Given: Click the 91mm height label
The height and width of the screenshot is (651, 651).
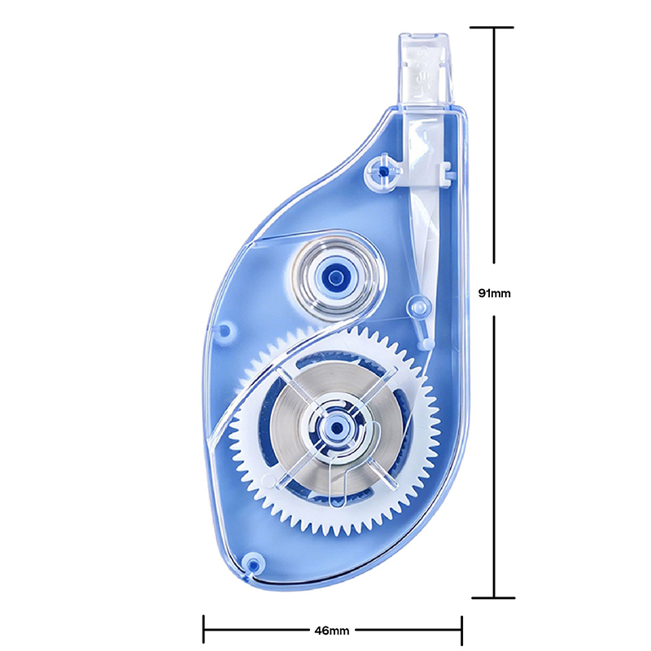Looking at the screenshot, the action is click(494, 293).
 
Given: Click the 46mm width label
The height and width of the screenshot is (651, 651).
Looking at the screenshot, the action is click(332, 631).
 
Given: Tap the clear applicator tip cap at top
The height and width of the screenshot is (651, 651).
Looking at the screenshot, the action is click(425, 68).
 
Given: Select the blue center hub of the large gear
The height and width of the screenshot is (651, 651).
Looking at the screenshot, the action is click(337, 427).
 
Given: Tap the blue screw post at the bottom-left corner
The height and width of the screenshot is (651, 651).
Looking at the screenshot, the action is click(252, 565).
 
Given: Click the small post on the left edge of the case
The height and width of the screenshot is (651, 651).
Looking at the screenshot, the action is click(225, 330).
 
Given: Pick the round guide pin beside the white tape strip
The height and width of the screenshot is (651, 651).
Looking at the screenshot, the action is click(419, 307).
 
